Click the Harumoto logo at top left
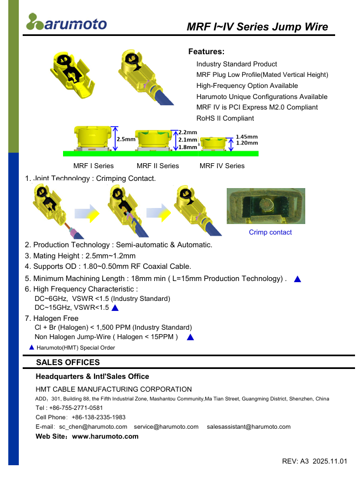point(66,22)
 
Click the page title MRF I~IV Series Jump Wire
point(257,27)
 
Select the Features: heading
point(206,51)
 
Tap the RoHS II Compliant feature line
point(225,118)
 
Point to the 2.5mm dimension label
point(126,139)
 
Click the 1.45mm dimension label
point(247,137)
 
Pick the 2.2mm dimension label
point(187,132)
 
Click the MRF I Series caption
point(93,166)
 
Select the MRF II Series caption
point(158,166)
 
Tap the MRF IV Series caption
point(222,166)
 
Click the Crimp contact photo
point(266,206)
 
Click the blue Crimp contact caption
point(270,232)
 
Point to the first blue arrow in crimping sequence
point(87,212)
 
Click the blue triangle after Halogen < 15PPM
point(190,337)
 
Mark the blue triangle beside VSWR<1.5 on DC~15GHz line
point(115,308)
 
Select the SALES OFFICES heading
point(68,362)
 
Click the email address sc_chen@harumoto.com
point(93,427)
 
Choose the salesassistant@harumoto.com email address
point(248,427)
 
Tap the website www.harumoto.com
point(106,436)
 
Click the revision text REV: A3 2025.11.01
point(315,461)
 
